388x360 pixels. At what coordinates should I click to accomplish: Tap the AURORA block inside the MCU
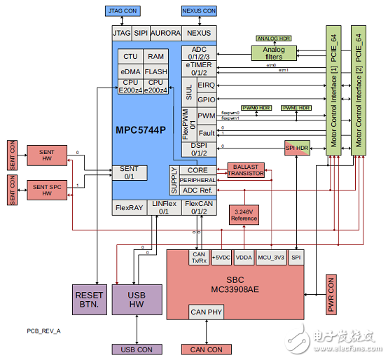165,33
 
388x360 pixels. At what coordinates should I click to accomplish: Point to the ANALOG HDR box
275,39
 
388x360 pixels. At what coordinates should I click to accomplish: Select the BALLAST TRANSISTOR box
246,170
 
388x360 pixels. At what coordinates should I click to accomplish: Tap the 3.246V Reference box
244,214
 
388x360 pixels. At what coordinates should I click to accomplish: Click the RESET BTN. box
89,300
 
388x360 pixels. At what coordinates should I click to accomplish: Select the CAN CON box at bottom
207,349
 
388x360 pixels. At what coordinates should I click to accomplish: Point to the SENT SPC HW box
46,189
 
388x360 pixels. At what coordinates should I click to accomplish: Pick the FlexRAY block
129,207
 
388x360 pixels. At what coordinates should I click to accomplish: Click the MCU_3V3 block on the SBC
270,257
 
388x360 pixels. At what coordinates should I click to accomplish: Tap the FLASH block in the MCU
155,71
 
